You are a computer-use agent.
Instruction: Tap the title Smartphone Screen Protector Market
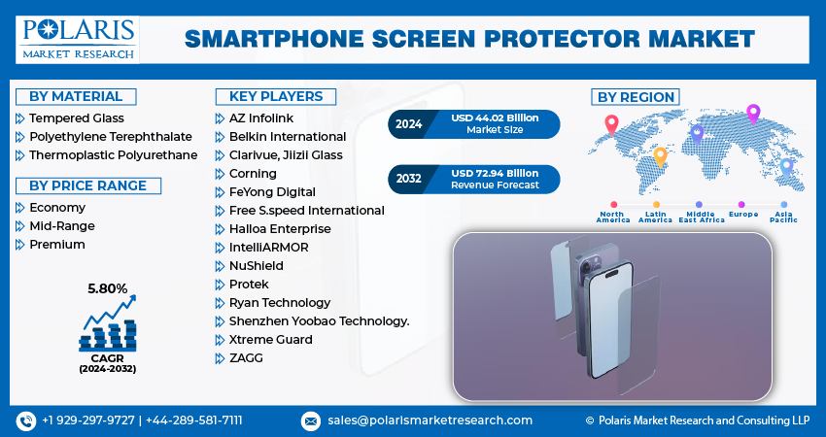tap(469, 38)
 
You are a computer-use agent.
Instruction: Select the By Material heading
tap(76, 96)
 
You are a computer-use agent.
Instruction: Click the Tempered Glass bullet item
tap(76, 118)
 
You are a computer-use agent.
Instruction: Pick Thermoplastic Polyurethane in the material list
tap(113, 154)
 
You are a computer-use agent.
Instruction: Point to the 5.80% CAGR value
tap(107, 287)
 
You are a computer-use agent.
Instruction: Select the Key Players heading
tap(275, 96)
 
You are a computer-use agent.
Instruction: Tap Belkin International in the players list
tap(288, 136)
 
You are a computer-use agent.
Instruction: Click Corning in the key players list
tap(253, 173)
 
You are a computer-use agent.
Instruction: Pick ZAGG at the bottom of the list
tap(246, 357)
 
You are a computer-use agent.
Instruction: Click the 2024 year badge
tap(407, 123)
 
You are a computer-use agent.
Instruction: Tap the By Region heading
tap(636, 96)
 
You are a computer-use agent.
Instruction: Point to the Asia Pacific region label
tap(782, 218)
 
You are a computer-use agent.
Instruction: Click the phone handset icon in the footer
tap(25, 420)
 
